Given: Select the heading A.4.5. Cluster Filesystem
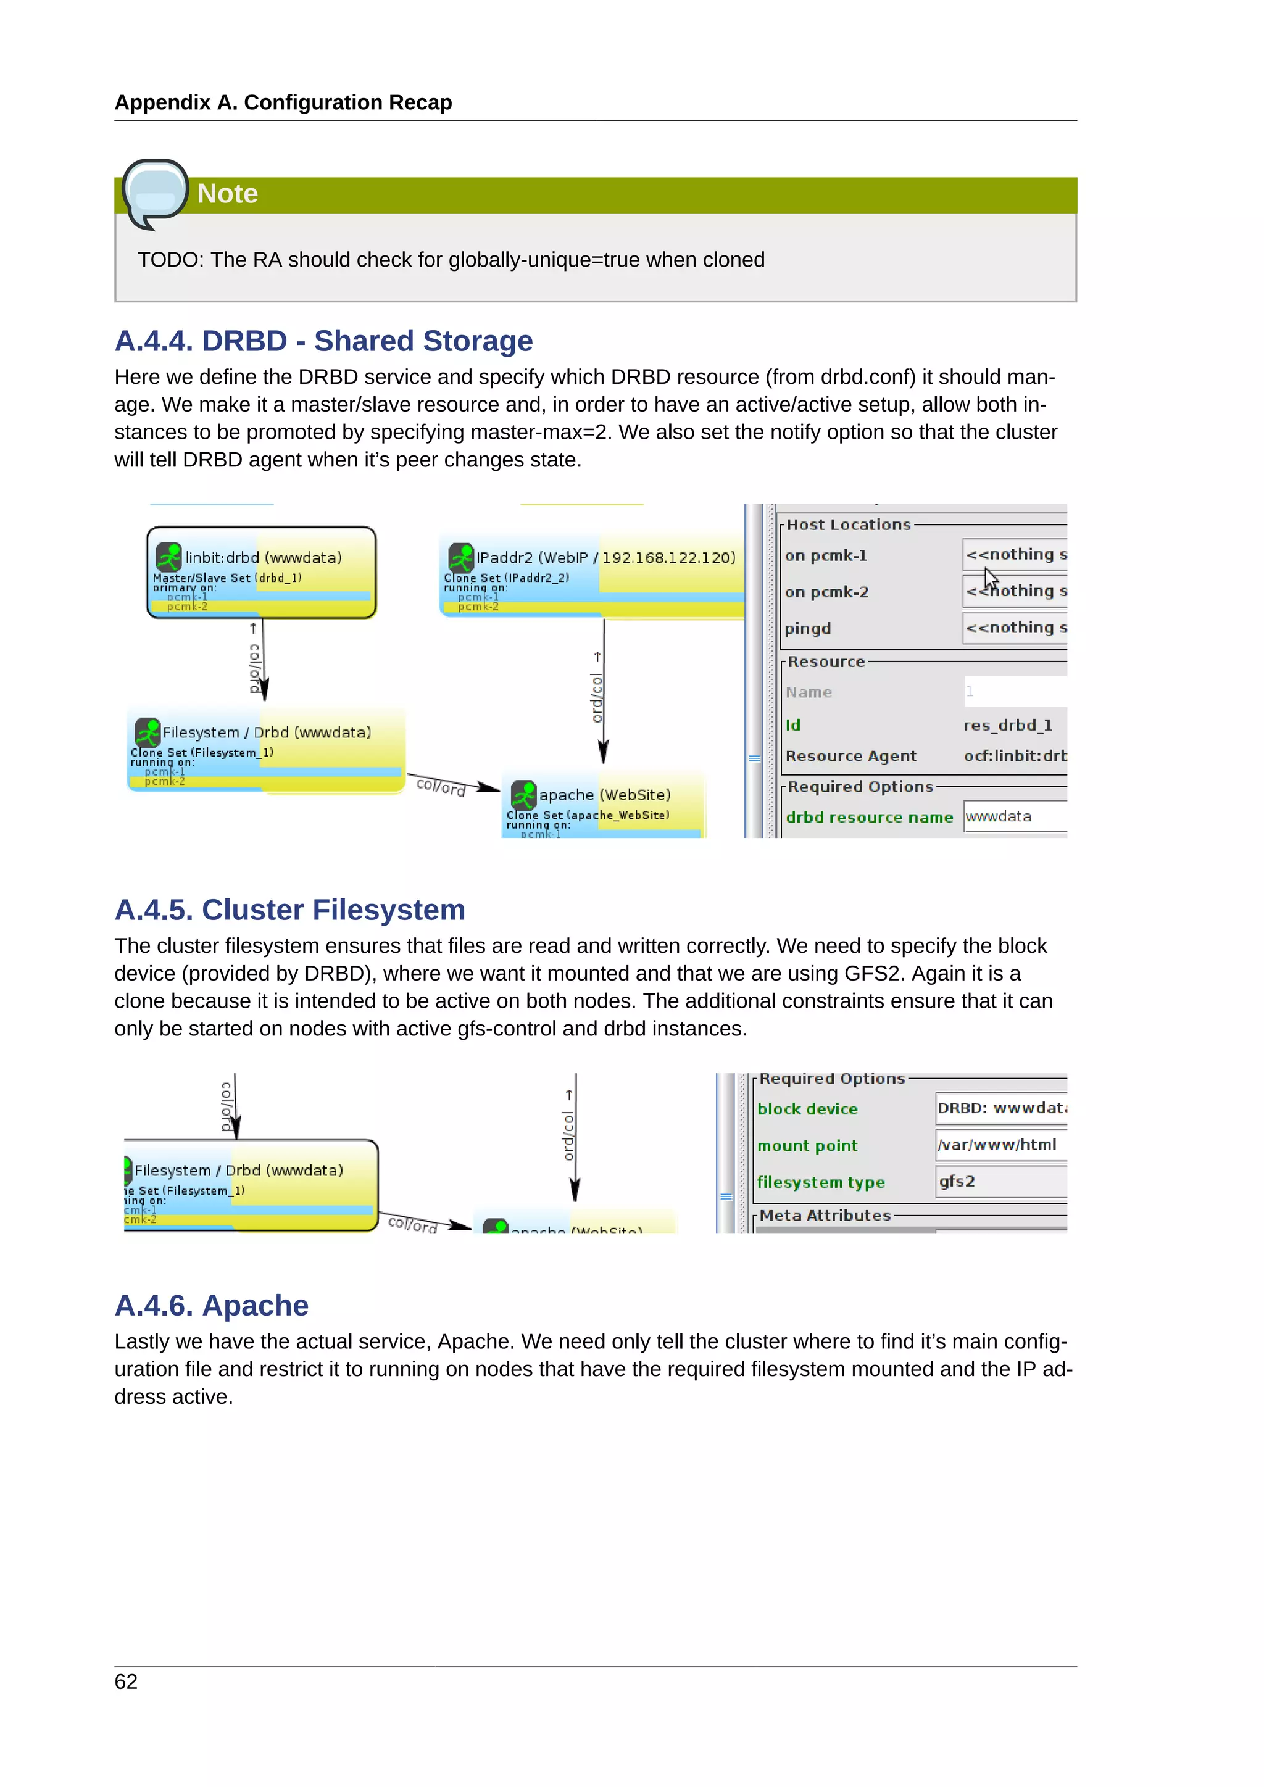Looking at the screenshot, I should click(289, 910).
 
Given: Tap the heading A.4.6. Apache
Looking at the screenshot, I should click(211, 1305).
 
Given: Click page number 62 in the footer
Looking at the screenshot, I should click(126, 1682).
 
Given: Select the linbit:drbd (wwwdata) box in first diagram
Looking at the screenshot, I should click(262, 572).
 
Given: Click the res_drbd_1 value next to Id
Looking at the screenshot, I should click(1007, 726).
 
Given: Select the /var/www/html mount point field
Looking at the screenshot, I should click(999, 1145).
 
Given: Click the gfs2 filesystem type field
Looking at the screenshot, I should click(999, 1182).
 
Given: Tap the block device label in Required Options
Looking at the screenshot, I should click(807, 1109).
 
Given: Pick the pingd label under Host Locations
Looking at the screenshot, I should click(807, 629).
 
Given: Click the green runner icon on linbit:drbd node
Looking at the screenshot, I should click(168, 557).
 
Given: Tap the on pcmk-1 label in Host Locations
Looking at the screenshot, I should click(825, 556).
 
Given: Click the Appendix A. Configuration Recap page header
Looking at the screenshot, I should click(283, 102).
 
